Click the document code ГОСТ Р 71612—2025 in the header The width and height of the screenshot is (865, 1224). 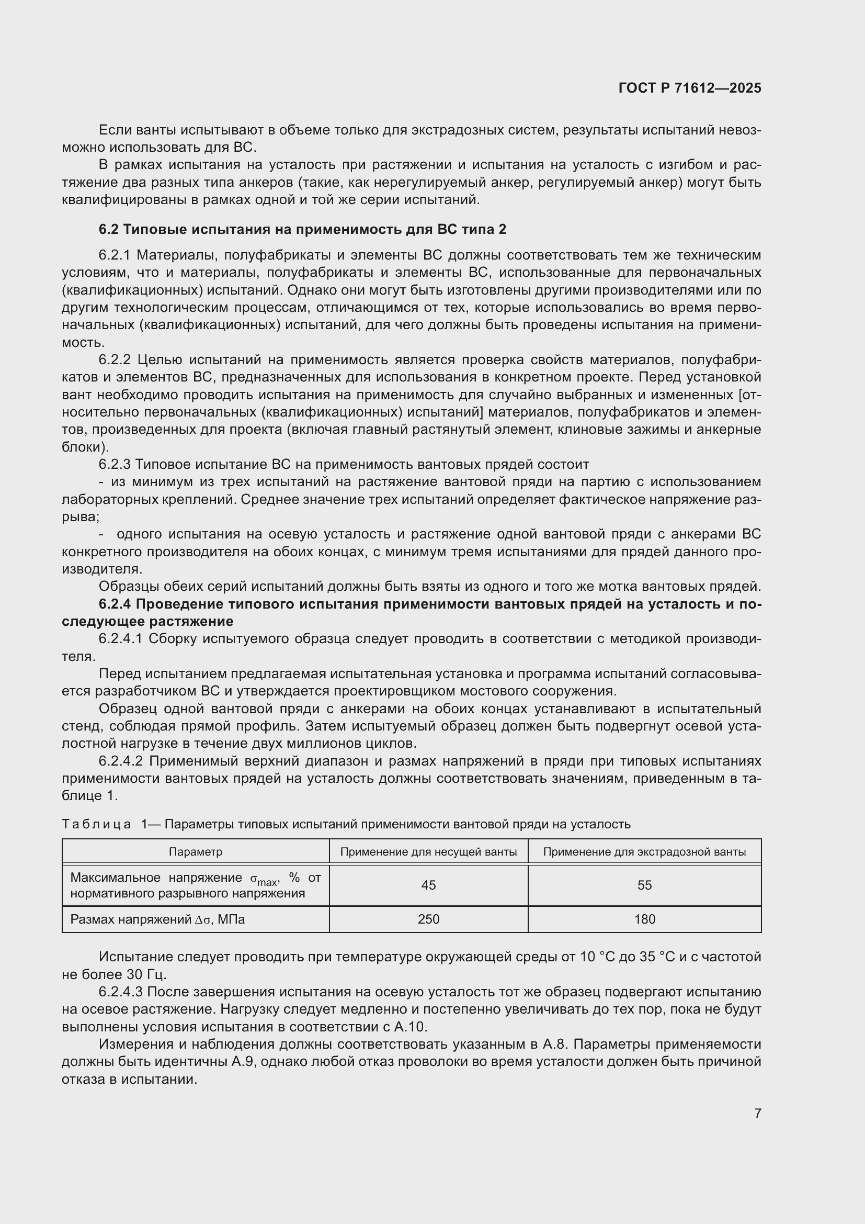point(690,88)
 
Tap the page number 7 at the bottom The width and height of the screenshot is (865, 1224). point(757,1113)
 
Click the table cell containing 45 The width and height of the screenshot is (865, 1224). point(428,885)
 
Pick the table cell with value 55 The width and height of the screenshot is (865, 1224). point(644,885)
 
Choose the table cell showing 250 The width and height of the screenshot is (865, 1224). point(428,919)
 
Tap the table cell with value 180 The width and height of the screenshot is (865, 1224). point(644,919)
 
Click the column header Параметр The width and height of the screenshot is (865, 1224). point(196,852)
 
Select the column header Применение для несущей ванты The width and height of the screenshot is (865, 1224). point(428,852)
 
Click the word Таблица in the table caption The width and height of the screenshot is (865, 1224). point(96,824)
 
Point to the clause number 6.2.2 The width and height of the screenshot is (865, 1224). point(115,360)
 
